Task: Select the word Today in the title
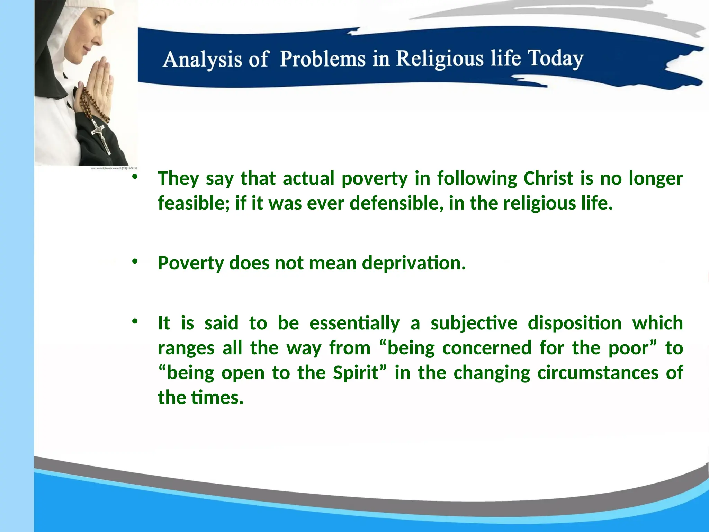pos(555,58)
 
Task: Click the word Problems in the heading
pos(323,58)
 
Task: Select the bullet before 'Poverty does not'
pos(135,261)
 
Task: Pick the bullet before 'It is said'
pos(135,321)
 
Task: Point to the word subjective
pos(474,323)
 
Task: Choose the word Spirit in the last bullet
pos(356,373)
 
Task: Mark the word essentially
pos(354,323)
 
